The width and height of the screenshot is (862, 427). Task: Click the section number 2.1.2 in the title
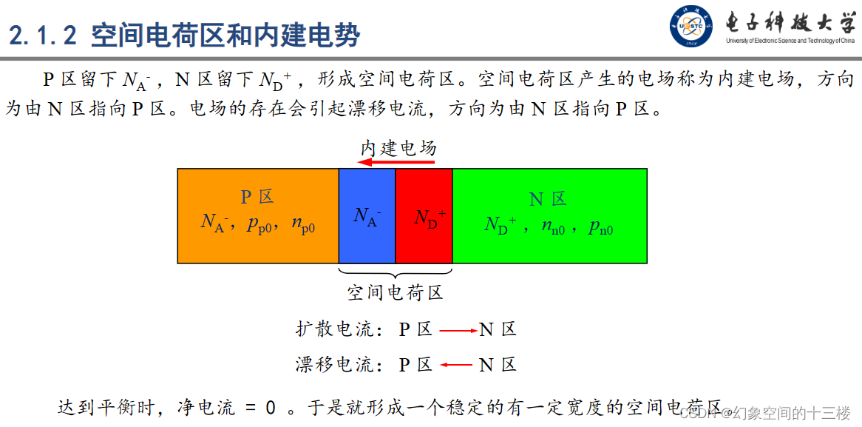(45, 34)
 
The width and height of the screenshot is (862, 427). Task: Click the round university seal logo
(692, 27)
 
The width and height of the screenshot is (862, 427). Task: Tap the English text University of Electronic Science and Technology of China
(790, 41)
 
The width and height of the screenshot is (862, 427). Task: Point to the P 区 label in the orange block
(257, 197)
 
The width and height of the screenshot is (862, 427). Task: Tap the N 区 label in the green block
(548, 198)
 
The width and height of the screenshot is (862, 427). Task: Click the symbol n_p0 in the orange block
(303, 224)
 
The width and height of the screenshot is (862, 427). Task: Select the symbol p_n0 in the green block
(600, 227)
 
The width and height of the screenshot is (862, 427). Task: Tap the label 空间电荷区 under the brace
(395, 293)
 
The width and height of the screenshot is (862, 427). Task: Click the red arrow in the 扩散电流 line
(458, 330)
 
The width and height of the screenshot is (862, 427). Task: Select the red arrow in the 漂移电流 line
(456, 364)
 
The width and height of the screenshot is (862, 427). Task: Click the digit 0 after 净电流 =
(271, 408)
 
